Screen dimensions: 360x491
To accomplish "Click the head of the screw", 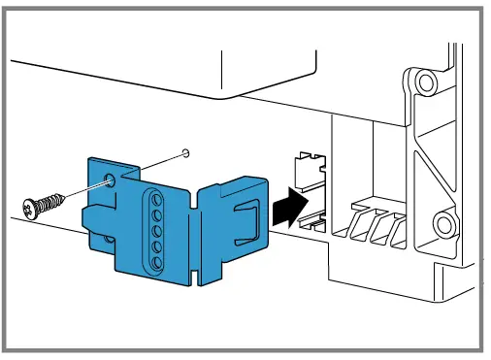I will (29, 206).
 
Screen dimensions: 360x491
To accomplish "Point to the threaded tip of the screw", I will (65, 198).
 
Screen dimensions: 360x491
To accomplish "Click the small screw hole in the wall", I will (186, 151).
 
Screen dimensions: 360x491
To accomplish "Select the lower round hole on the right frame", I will (444, 227).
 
